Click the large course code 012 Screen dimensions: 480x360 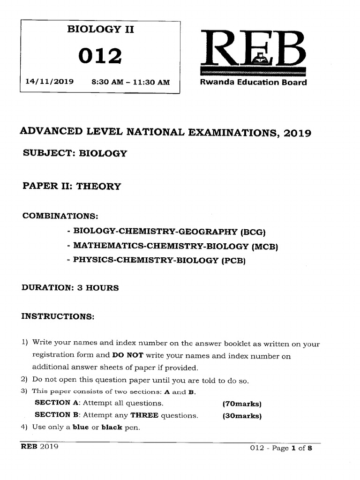[100, 56]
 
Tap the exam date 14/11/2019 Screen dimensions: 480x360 [49, 82]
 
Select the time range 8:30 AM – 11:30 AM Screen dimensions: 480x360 [131, 82]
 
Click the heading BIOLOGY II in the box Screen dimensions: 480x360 [100, 30]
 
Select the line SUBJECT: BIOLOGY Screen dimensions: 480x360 [75, 153]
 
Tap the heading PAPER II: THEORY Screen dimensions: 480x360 [72, 186]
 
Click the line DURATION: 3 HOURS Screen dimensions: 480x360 [70, 288]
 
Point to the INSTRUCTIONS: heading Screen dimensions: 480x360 [58, 316]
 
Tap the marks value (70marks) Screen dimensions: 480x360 [241, 403]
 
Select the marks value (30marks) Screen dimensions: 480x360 [242, 415]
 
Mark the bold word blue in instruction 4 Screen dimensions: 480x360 [82, 427]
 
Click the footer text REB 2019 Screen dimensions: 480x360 [39, 447]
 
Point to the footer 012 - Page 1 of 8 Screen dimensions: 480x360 [281, 448]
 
